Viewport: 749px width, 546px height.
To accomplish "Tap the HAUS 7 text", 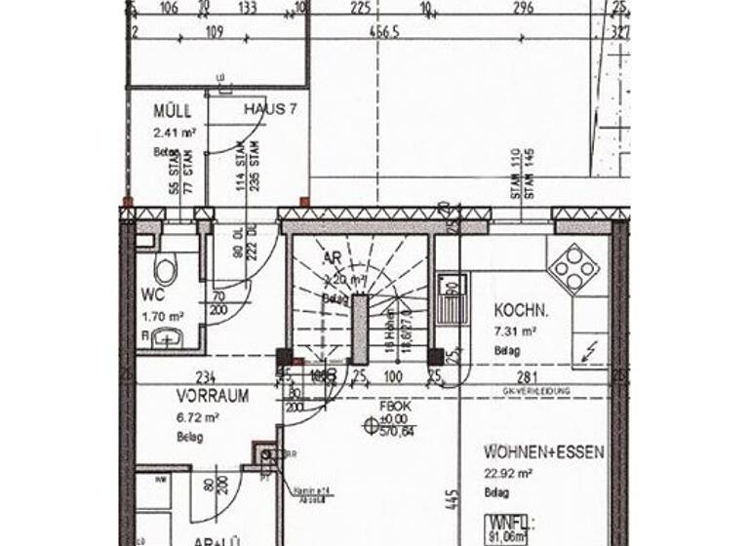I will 270,109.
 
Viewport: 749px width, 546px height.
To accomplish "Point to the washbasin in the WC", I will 165,337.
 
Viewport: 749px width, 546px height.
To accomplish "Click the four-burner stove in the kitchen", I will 573,266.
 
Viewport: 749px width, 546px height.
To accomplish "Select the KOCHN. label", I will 521,311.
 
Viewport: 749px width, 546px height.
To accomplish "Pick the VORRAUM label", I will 212,396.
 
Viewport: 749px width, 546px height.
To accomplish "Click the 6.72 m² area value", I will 198,417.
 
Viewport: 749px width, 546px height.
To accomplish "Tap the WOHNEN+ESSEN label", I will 544,452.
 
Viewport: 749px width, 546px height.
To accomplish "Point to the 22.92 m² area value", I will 508,474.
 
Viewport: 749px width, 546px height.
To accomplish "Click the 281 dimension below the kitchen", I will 528,377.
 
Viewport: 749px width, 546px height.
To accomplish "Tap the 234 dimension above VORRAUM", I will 206,377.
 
